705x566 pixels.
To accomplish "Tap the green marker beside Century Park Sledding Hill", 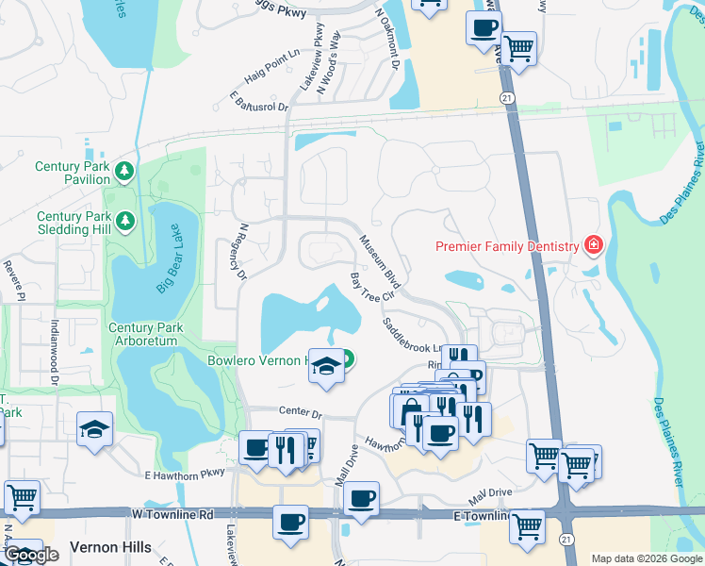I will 125,221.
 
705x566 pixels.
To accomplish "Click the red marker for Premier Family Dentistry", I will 593,247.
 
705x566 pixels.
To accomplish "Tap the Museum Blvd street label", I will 381,261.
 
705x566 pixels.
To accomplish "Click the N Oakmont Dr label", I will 387,42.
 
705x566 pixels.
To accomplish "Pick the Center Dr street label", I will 301,412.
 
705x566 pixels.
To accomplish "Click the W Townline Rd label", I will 172,514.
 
